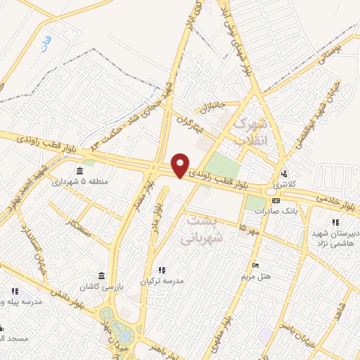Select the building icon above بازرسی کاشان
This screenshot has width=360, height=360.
tap(103, 274)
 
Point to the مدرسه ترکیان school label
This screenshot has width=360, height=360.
tap(162, 280)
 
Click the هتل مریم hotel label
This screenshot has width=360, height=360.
tap(256, 276)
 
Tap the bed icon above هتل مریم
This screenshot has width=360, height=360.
tap(255, 265)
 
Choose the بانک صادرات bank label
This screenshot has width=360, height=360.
tap(273, 210)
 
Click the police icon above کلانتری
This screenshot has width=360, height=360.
tap(284, 174)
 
